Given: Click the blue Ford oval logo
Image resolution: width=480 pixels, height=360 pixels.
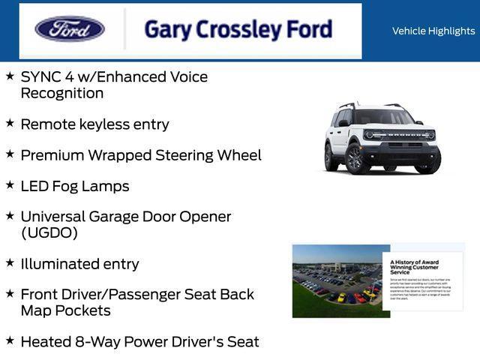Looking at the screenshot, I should (x=70, y=29).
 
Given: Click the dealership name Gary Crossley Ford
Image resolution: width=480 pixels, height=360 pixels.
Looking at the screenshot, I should (x=238, y=30).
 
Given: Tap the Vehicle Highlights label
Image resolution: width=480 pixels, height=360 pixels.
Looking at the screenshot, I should (x=433, y=31).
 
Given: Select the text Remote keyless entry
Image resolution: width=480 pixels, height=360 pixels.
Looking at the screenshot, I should (x=94, y=124).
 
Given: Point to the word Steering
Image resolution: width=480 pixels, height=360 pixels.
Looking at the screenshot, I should (x=187, y=155).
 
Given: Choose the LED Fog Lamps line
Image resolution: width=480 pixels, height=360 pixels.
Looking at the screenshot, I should (x=74, y=186).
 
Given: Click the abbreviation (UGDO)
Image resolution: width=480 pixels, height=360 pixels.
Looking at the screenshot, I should (x=49, y=232).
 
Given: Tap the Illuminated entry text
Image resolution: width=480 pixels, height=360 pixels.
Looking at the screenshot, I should (x=79, y=264).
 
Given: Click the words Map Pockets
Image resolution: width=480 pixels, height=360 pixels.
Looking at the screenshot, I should (x=65, y=310).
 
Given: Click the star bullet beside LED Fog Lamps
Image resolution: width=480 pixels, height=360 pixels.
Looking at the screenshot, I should (x=10, y=184).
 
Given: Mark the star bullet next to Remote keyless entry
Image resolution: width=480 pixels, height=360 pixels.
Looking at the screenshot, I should (x=10, y=121).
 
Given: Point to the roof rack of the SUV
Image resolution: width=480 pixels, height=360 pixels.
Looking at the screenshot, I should (x=367, y=106).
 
